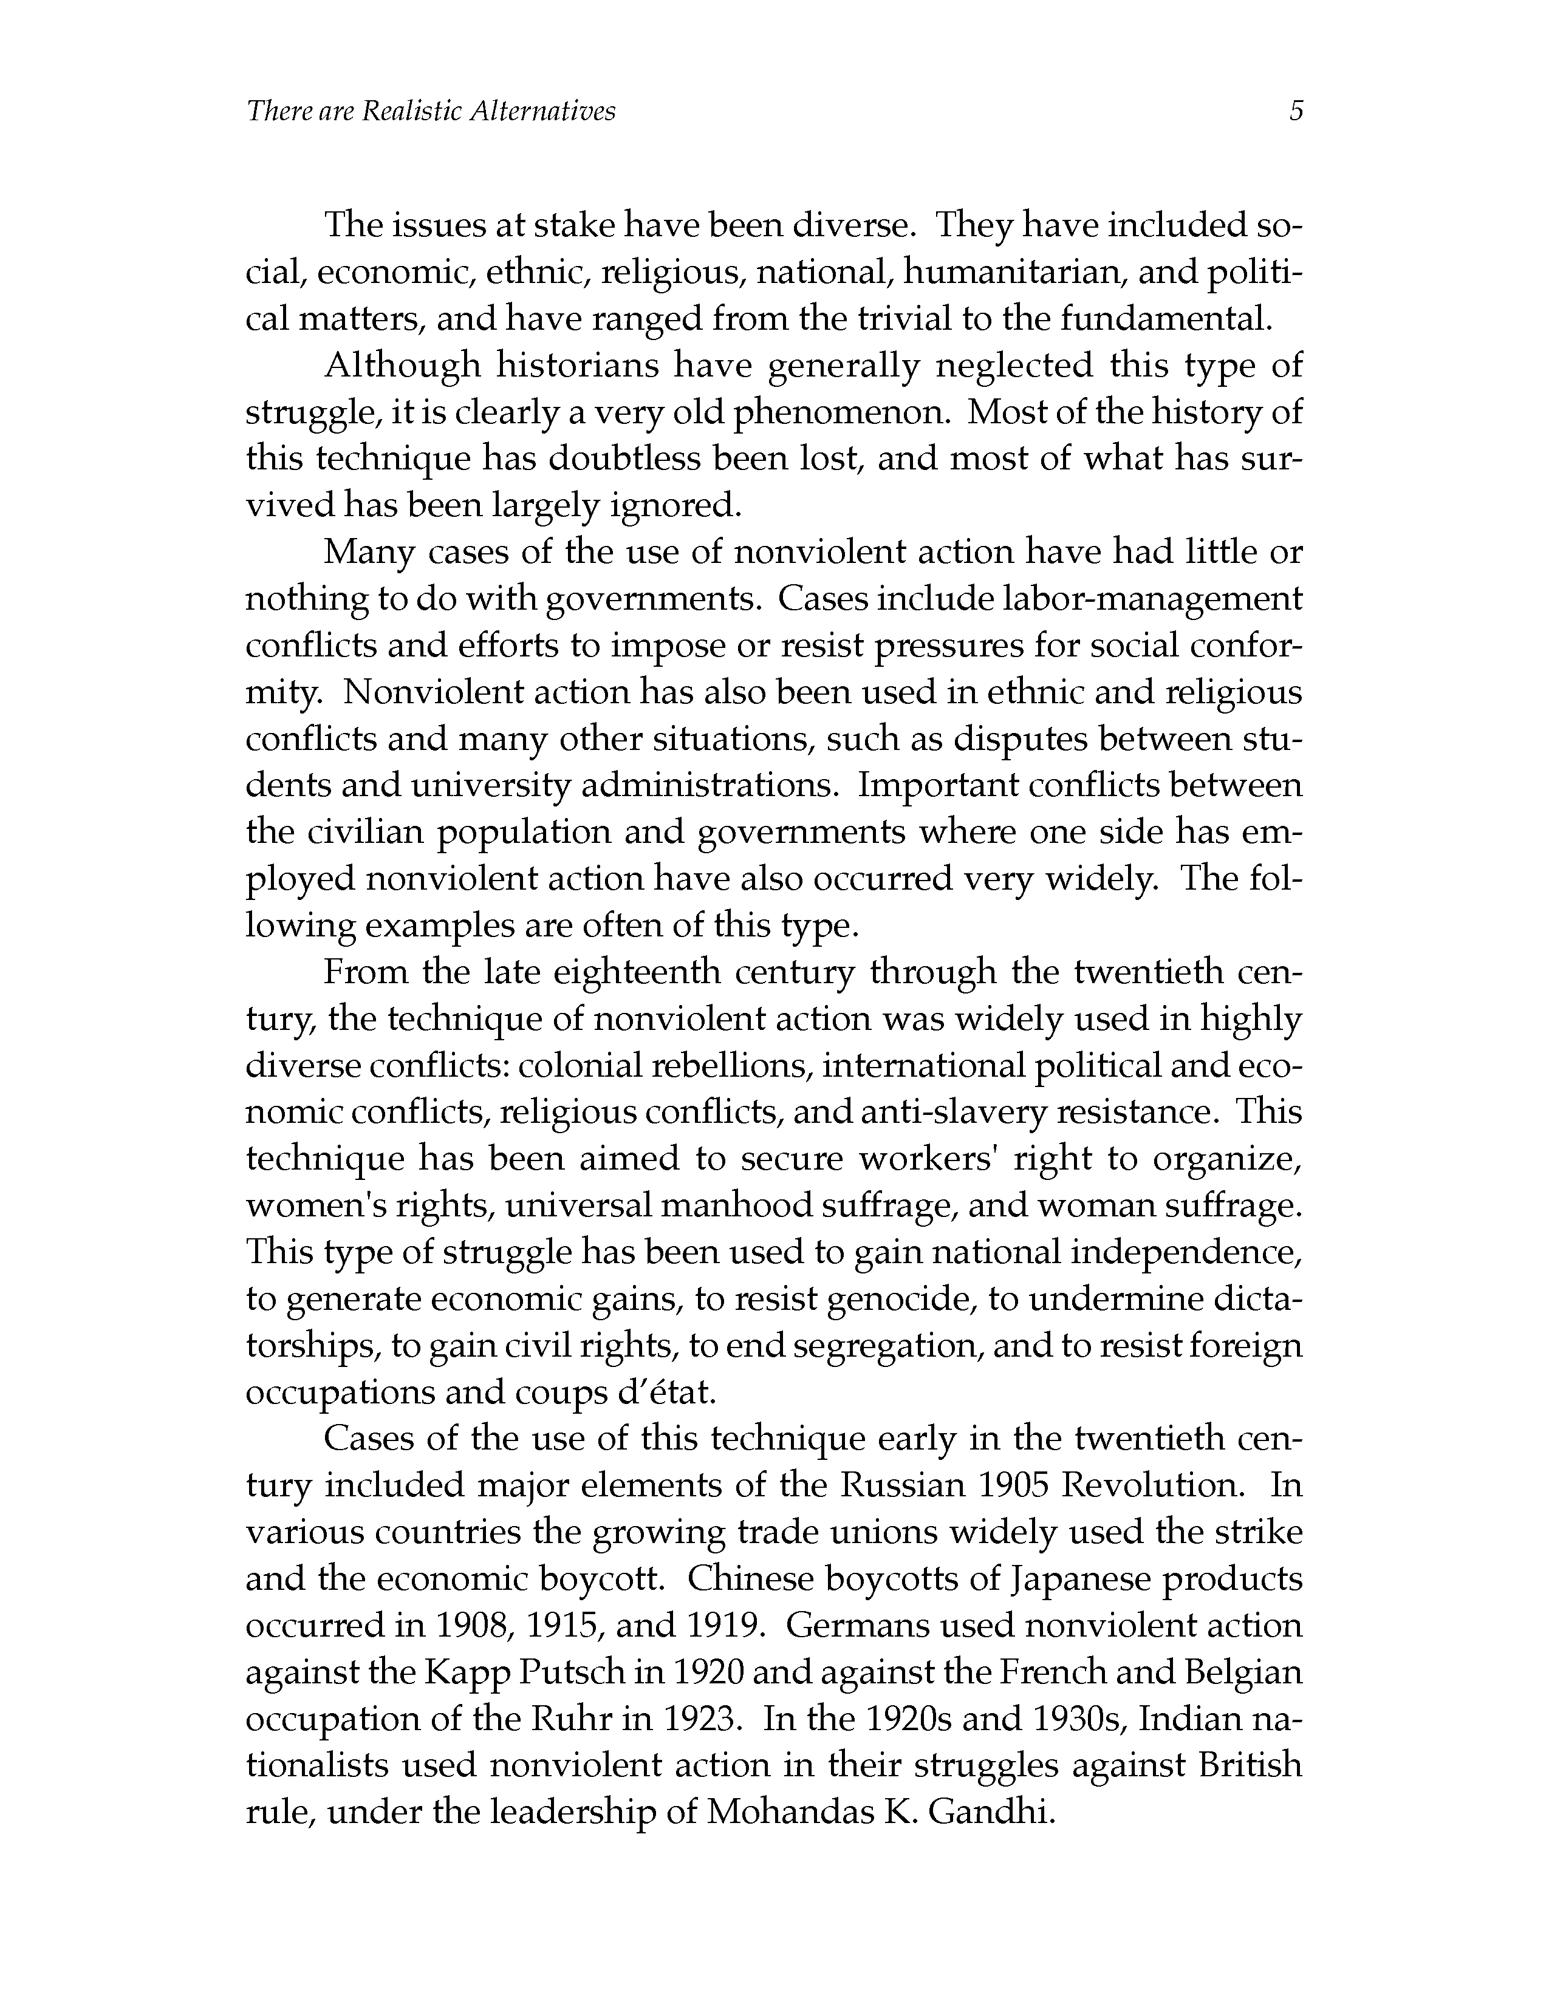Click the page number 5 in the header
(1296, 112)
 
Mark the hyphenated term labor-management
(1135, 599)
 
